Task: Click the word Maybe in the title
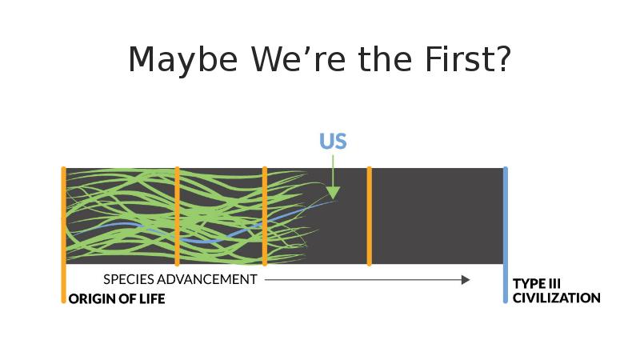pos(183,61)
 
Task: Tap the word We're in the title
pos(298,59)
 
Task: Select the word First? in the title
pos(468,59)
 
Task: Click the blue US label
pos(333,141)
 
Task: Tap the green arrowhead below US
pos(333,193)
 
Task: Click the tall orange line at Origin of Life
pos(64,234)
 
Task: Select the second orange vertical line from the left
pos(177,216)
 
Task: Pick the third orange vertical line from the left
pos(265,216)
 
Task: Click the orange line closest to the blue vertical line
pos(370,216)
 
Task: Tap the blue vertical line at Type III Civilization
pos(506,234)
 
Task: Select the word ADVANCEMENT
pos(207,279)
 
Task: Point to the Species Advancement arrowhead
pos(466,279)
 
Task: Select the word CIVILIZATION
pos(556,298)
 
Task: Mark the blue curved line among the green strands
pos(204,241)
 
